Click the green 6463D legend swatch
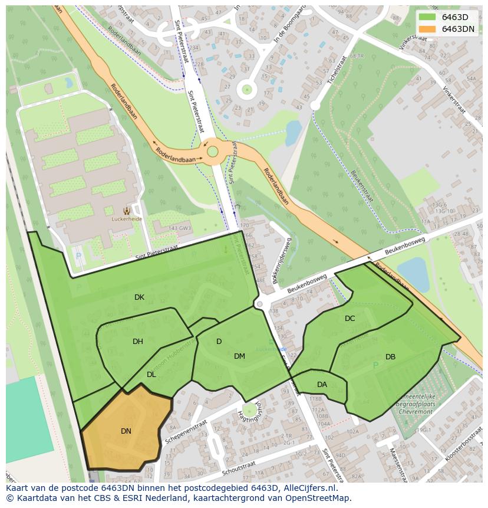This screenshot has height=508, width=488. [428, 17]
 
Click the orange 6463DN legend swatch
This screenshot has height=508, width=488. [428, 28]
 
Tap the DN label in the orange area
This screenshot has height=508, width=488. [126, 431]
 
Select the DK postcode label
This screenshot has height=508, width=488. [139, 297]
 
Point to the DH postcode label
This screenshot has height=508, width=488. [138, 342]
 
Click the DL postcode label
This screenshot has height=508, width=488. [151, 375]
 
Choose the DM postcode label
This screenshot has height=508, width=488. [239, 356]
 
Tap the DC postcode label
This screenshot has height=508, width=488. [350, 319]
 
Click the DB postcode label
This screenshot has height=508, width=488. [390, 357]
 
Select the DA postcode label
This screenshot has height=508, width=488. [322, 385]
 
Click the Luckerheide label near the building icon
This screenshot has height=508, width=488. [127, 219]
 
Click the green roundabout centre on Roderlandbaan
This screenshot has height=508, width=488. [213, 152]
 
